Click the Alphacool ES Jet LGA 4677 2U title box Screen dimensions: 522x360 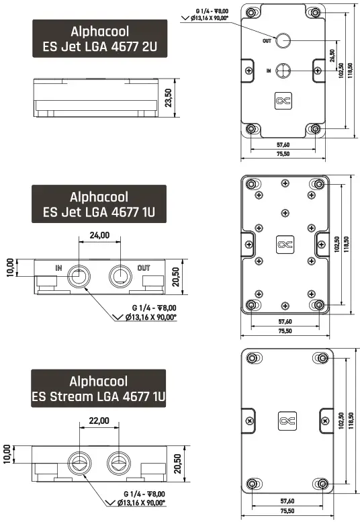pyautogui.click(x=99, y=40)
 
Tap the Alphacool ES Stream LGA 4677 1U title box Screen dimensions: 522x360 pyautogui.click(x=99, y=388)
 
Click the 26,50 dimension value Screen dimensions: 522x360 pyautogui.click(x=332, y=54)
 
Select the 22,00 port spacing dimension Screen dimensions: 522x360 pyautogui.click(x=99, y=421)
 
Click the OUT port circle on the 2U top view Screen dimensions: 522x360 pyautogui.click(x=283, y=40)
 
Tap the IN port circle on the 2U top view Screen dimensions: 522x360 pyautogui.click(x=283, y=70)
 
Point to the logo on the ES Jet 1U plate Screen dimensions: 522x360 pyautogui.click(x=284, y=245)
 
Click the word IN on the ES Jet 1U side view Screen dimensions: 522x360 pyautogui.click(x=59, y=267)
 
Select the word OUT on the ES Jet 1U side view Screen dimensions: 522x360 pyautogui.click(x=143, y=268)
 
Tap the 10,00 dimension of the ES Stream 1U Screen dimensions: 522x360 pyautogui.click(x=7, y=453)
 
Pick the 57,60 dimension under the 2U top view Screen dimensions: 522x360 pyautogui.click(x=283, y=144)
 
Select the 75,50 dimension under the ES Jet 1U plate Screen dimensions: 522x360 pyautogui.click(x=284, y=331)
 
